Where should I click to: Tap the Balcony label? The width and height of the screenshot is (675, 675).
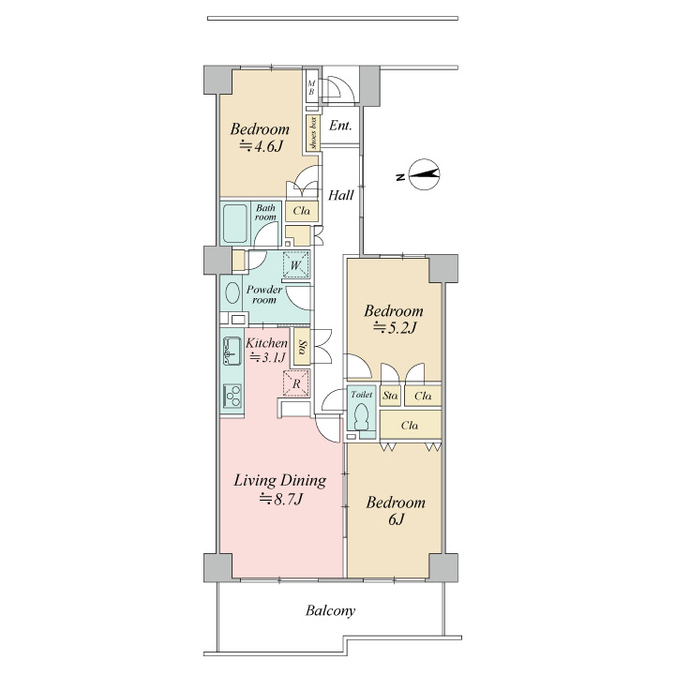[x=331, y=611]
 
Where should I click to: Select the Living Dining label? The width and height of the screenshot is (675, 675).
[x=279, y=480]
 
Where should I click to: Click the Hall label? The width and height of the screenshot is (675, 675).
[x=341, y=195]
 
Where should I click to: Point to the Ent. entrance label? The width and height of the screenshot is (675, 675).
[x=340, y=126]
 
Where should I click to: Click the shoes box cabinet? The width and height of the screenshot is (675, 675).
[x=313, y=133]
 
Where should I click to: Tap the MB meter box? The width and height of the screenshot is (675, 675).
[x=311, y=87]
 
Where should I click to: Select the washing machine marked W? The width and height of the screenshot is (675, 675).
[x=295, y=264]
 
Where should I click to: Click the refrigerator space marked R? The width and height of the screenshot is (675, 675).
[x=296, y=383]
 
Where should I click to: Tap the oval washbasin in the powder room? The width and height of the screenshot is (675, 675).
[x=232, y=293]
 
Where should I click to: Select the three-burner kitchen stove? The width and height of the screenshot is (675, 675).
[x=232, y=396]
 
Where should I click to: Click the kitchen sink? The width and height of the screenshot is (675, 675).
[x=232, y=352]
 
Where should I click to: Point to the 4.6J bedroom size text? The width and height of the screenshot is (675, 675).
[x=261, y=147]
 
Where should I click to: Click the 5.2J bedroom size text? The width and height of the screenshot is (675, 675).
[x=395, y=328]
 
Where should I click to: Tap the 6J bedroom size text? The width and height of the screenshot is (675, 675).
[x=397, y=519]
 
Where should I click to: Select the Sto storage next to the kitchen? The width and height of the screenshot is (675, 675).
[x=302, y=347]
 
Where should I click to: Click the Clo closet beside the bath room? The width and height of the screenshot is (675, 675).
[x=302, y=211]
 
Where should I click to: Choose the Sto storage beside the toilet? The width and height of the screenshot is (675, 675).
[x=390, y=396]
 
